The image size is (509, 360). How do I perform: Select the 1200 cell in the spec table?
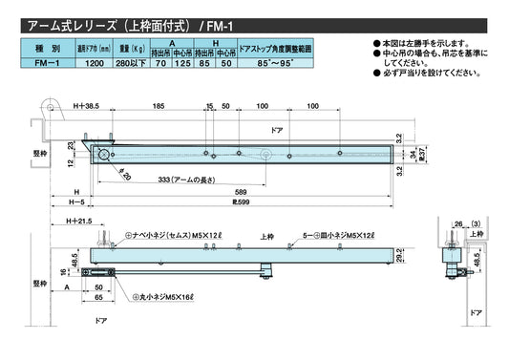[x=95, y=63]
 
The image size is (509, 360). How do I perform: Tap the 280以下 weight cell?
[x=129, y=63]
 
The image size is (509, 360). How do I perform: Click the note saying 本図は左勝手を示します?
[x=426, y=45]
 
